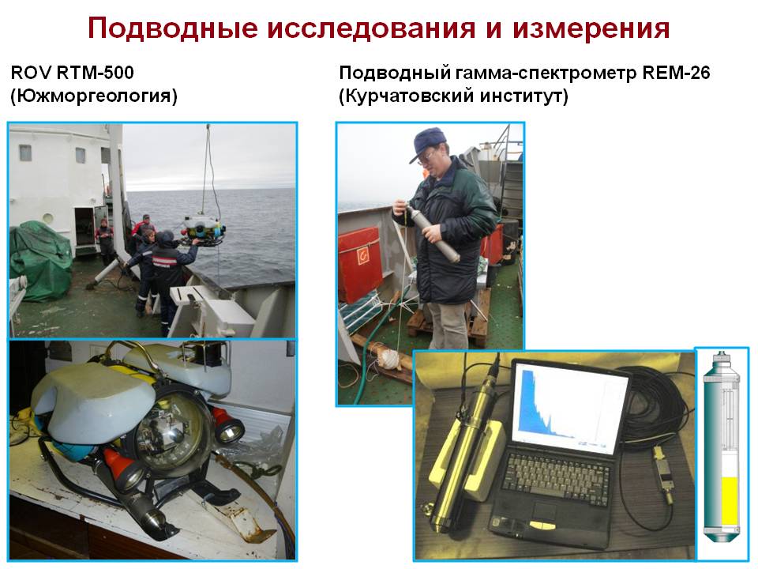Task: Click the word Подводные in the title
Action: click(x=172, y=28)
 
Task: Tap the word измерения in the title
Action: click(x=591, y=28)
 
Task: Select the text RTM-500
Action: click(x=96, y=73)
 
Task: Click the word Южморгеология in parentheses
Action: click(x=94, y=96)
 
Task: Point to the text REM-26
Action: click(x=677, y=73)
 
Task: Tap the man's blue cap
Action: click(x=428, y=143)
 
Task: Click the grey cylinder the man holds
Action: click(x=431, y=232)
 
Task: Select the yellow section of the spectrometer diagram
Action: click(x=730, y=501)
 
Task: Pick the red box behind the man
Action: click(x=360, y=264)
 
